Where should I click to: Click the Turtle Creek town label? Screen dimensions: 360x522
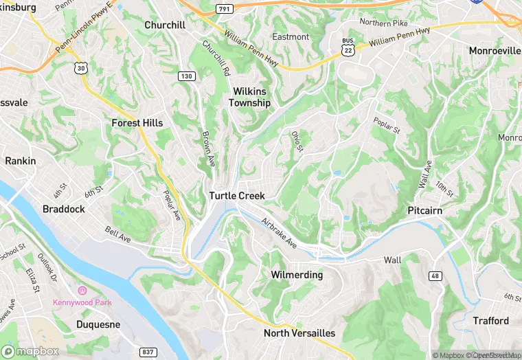coord(237,196)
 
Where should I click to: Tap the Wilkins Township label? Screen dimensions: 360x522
coord(250,97)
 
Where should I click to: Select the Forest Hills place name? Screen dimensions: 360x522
coord(137,123)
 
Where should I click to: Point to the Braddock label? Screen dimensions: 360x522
coord(64,209)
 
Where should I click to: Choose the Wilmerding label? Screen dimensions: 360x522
coord(297,275)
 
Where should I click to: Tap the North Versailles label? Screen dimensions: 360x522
coord(299,333)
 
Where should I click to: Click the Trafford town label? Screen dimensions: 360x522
coord(491,321)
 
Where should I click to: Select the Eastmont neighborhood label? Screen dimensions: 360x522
coord(291,36)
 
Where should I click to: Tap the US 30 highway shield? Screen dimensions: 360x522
coord(82,68)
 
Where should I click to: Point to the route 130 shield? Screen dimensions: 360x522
coord(185,75)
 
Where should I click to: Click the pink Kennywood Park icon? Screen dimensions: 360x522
coord(82,291)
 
